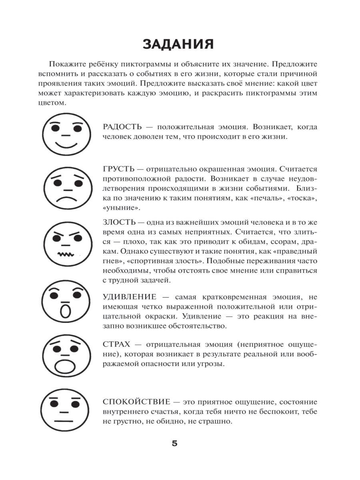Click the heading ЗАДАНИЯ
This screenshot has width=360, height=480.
click(178, 44)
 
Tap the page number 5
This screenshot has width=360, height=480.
click(174, 444)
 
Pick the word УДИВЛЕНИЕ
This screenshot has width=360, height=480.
click(129, 297)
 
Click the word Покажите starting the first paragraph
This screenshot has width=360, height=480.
click(68, 64)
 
